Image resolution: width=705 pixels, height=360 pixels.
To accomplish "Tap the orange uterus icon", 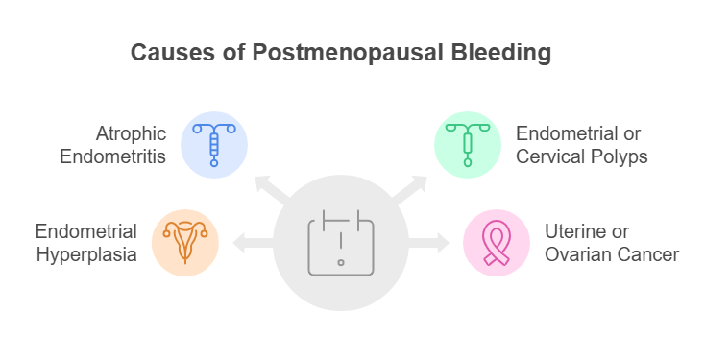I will click(186, 242).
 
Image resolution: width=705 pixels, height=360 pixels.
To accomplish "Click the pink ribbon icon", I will click(496, 242).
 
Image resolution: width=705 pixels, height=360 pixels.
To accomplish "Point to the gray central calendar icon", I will click(340, 242).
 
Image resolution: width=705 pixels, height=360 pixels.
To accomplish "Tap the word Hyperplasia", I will click(86, 254).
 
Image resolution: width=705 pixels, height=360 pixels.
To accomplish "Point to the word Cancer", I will click(648, 254).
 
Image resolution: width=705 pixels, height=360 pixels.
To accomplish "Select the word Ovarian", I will click(575, 254).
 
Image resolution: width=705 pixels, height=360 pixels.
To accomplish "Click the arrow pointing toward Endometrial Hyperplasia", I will click(247, 242).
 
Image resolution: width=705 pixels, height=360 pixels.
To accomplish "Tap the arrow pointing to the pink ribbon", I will click(433, 242).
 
